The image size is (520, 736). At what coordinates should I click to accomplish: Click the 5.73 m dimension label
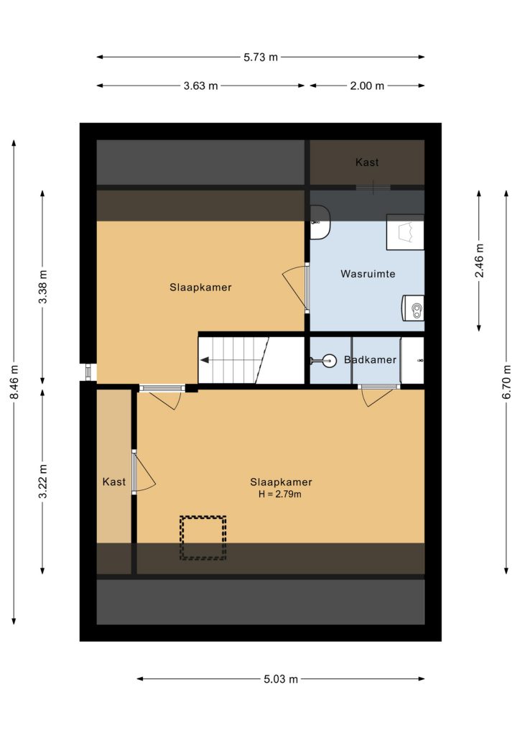(260, 57)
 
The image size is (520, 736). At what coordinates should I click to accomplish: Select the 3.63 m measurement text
(200, 86)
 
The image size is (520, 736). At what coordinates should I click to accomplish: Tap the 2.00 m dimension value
(367, 86)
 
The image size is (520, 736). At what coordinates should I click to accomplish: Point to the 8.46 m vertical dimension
(14, 382)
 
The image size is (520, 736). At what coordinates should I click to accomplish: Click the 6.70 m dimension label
(506, 382)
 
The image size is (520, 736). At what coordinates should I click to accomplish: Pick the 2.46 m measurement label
(479, 260)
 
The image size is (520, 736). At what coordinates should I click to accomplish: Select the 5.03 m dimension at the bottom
(280, 679)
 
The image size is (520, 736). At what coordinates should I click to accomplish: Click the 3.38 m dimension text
(42, 287)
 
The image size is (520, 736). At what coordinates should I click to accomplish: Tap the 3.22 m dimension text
(42, 481)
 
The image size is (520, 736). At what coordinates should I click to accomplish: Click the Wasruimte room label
(368, 274)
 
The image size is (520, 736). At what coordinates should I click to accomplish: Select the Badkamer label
(370, 360)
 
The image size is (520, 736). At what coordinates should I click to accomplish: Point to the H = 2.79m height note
(280, 494)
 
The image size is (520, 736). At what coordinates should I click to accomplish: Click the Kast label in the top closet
(367, 162)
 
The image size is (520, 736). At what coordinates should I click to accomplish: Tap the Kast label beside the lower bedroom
(114, 482)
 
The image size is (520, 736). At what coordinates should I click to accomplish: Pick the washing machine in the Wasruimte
(412, 308)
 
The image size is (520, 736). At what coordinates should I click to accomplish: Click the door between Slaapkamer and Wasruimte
(307, 287)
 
